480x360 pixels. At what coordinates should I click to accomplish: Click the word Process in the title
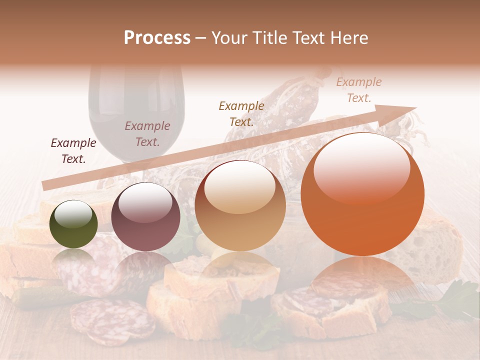point(157,38)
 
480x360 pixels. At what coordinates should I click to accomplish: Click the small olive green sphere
point(73,224)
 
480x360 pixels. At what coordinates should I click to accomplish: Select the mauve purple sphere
point(145,217)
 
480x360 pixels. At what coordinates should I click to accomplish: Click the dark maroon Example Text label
point(73,151)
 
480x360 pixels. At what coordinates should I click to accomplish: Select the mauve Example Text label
point(147,134)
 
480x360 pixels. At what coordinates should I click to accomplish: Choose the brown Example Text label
point(241,113)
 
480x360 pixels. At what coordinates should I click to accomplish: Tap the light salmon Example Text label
point(359,90)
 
